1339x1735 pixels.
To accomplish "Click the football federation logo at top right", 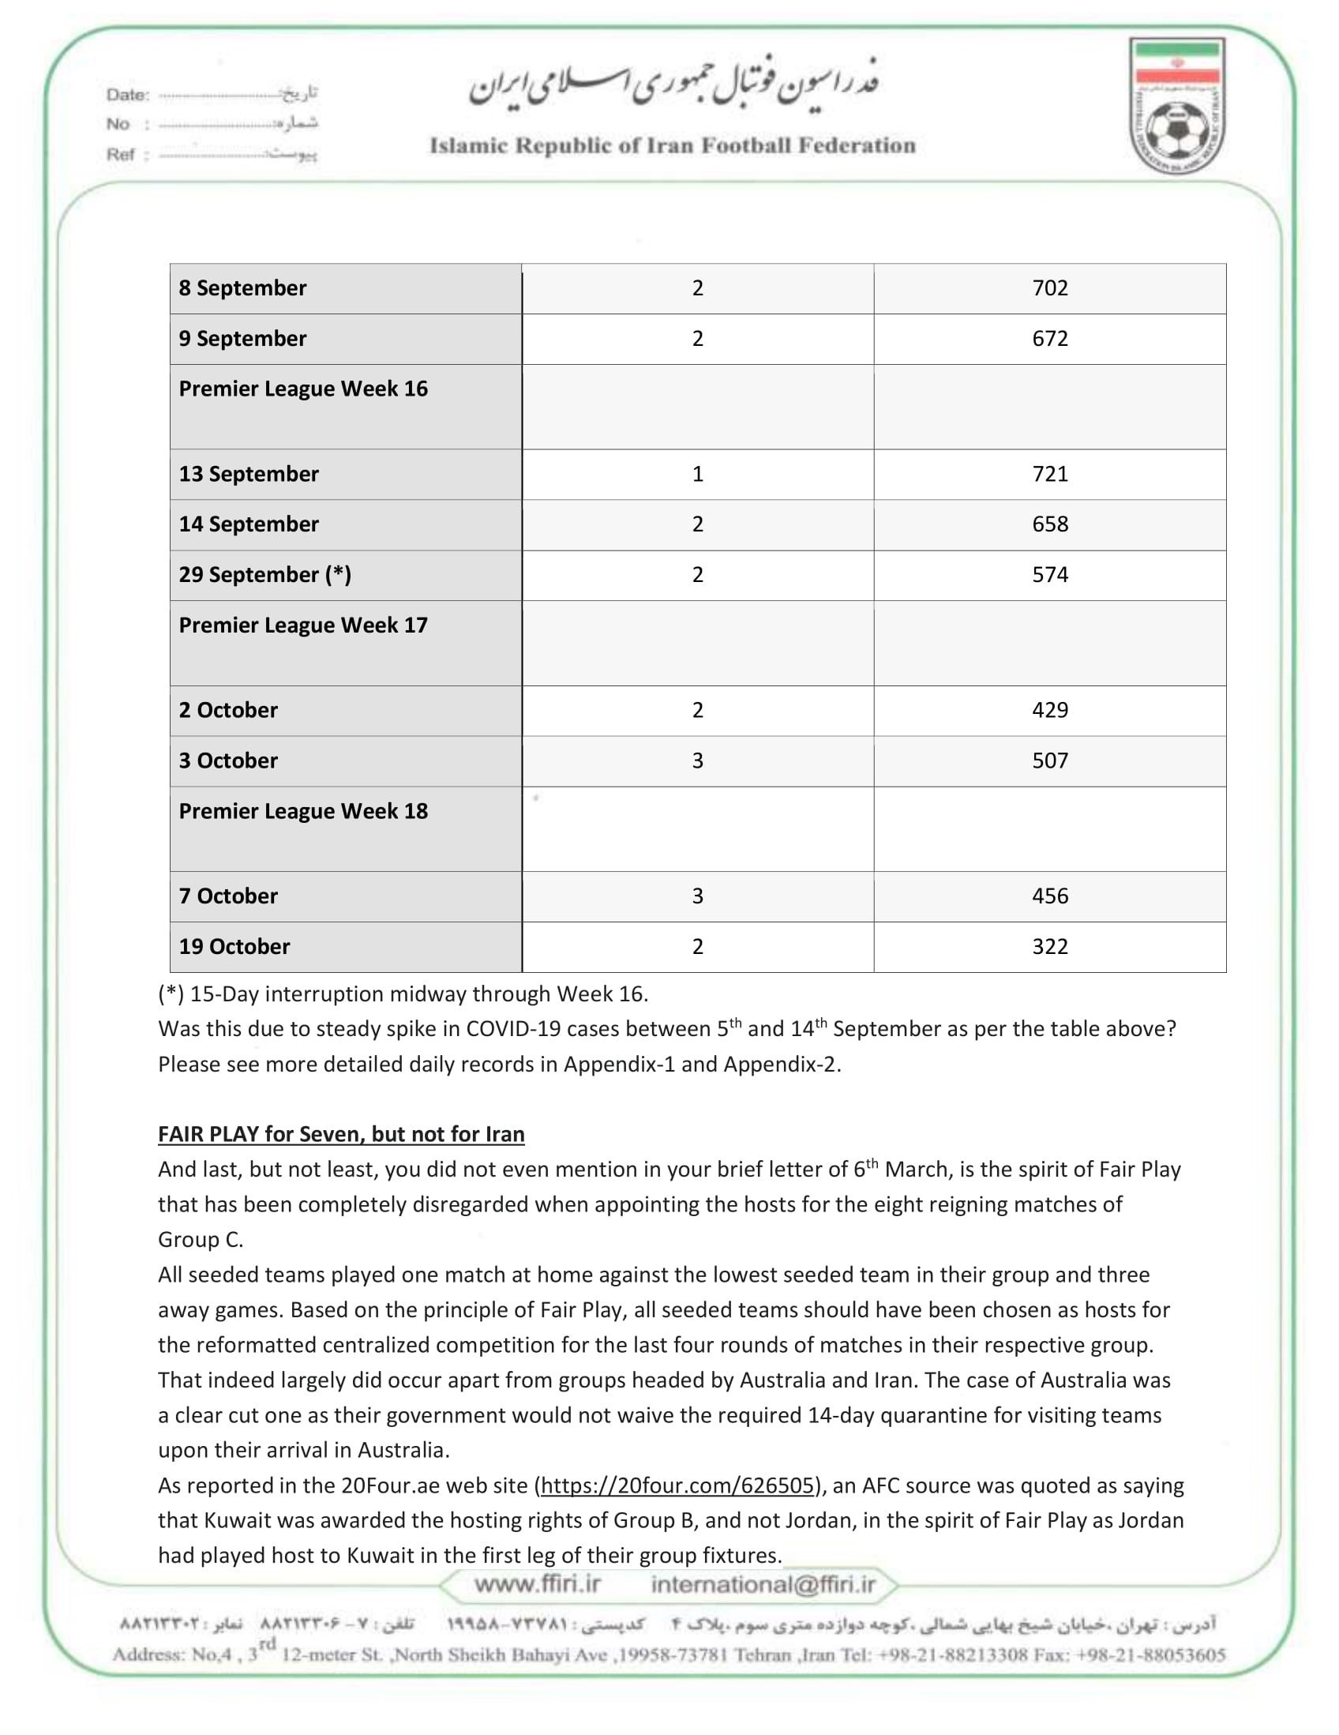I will tap(1177, 107).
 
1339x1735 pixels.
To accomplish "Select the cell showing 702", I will tap(1049, 288).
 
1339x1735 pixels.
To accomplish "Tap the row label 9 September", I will tap(242, 339).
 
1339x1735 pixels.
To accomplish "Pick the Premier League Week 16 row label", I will tap(302, 389).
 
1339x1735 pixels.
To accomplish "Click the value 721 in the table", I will tap(1049, 475).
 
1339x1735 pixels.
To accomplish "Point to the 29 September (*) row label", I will tap(264, 575).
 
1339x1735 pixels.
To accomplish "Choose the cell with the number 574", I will tap(1049, 575).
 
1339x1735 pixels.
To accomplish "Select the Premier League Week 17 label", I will tap(302, 626).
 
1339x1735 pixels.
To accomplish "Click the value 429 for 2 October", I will tap(1049, 710).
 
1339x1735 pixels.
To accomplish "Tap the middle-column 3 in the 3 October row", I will tap(697, 761).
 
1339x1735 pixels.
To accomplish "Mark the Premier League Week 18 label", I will tap(302, 812).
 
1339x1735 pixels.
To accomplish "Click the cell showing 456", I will tap(1049, 896).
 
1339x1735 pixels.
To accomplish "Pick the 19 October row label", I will tap(234, 947).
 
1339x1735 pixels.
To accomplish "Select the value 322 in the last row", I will tap(1049, 947).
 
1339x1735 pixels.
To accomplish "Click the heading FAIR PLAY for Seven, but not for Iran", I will tap(341, 1134).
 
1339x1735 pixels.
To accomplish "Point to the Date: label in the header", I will tap(128, 95).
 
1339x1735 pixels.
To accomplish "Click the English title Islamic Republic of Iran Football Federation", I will tap(672, 146).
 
